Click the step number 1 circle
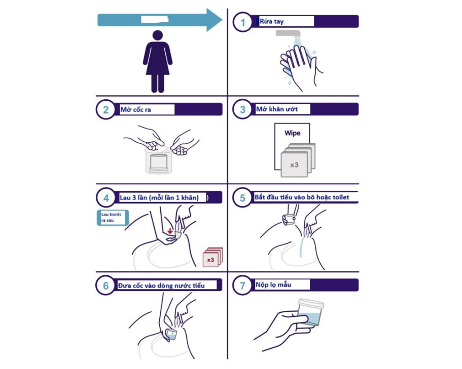(242, 22)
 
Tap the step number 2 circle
(105, 110)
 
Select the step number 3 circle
(242, 109)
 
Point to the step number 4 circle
(106, 197)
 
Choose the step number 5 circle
(242, 197)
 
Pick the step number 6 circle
(105, 285)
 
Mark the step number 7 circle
(242, 285)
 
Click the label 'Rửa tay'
(271, 21)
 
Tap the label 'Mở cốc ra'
(135, 110)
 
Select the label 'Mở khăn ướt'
(277, 109)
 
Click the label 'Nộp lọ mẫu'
(273, 284)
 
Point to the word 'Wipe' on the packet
(292, 133)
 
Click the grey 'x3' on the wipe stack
(294, 165)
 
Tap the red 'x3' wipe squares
(212, 257)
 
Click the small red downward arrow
(170, 231)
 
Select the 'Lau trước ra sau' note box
(113, 218)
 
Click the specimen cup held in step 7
(311, 312)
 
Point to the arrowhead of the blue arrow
(214, 20)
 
